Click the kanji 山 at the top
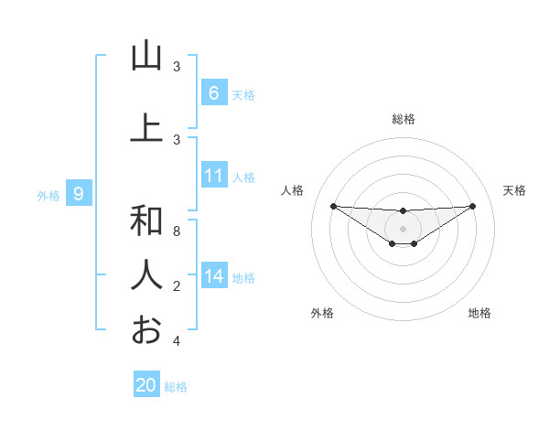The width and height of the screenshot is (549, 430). pyautogui.click(x=146, y=57)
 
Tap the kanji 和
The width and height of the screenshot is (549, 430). pyautogui.click(x=146, y=220)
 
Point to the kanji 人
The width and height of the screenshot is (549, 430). pyautogui.click(x=146, y=274)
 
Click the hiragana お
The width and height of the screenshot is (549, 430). pyautogui.click(x=146, y=328)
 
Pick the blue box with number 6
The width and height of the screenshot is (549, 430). pyautogui.click(x=213, y=93)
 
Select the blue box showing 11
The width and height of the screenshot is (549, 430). pyautogui.click(x=213, y=177)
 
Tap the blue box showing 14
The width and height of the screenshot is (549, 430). pyautogui.click(x=213, y=276)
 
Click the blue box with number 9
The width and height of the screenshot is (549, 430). pyautogui.click(x=79, y=194)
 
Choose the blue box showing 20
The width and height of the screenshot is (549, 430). pyautogui.click(x=145, y=385)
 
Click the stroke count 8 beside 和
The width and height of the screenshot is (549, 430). pyautogui.click(x=176, y=231)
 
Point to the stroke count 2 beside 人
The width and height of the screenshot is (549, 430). pyautogui.click(x=176, y=286)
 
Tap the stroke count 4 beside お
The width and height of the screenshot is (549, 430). pyautogui.click(x=176, y=341)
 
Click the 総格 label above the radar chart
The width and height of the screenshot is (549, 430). pyautogui.click(x=404, y=119)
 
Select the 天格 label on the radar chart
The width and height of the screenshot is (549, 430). pyautogui.click(x=514, y=190)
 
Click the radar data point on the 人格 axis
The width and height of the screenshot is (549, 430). pyautogui.click(x=333, y=206)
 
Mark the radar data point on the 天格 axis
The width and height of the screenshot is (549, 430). pyautogui.click(x=473, y=206)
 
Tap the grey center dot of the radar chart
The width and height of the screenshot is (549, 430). pyautogui.click(x=404, y=228)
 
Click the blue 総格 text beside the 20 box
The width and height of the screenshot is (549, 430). pyautogui.click(x=176, y=387)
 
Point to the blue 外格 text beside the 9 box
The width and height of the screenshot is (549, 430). pyautogui.click(x=48, y=195)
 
